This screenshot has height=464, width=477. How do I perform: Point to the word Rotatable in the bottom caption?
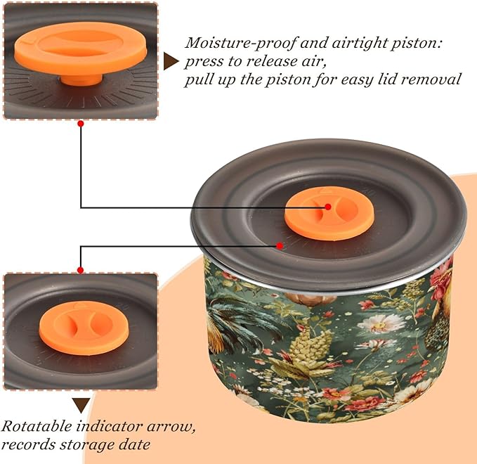[36, 426]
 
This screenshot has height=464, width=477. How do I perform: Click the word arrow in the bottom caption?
[171, 427]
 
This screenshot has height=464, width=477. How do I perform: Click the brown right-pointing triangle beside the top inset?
[171, 61]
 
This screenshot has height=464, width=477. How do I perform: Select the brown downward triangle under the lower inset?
[81, 405]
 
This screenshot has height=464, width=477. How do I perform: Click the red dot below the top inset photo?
[81, 124]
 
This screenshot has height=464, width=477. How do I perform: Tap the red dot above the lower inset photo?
[80, 270]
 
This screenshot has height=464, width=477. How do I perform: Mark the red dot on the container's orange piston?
[328, 207]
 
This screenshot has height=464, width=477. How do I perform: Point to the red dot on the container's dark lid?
[280, 245]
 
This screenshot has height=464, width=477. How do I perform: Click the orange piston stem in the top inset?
[81, 79]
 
